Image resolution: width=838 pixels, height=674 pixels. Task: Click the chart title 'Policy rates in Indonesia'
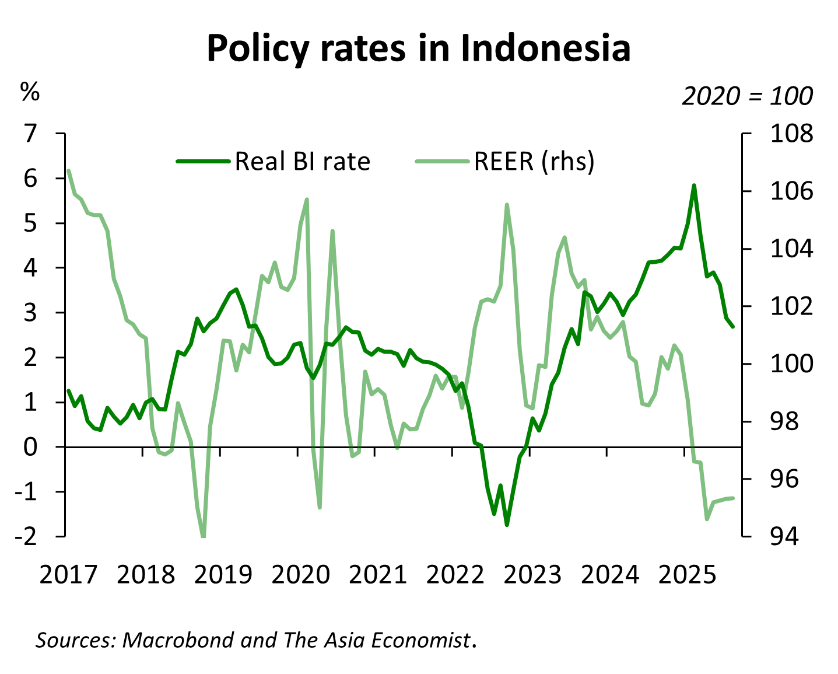click(x=418, y=48)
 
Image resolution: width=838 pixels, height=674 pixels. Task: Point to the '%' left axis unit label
click(x=30, y=92)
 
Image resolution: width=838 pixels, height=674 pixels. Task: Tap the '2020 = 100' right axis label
click(x=747, y=96)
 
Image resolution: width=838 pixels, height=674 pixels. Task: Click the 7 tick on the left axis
click(x=30, y=134)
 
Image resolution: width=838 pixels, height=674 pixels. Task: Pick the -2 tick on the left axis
click(x=25, y=536)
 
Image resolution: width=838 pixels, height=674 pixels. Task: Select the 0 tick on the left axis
click(x=30, y=447)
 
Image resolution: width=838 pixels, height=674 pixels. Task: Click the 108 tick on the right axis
click(x=791, y=134)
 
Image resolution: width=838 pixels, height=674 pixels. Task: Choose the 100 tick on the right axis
click(x=791, y=364)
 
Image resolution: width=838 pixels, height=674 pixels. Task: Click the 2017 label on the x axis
click(x=68, y=575)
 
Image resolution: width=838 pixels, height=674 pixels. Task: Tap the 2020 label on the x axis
click(x=300, y=575)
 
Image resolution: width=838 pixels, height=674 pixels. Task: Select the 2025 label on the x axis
click(x=687, y=575)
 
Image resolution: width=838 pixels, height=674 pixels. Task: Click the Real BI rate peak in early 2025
click(x=694, y=186)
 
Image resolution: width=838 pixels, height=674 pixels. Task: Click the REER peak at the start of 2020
click(x=307, y=200)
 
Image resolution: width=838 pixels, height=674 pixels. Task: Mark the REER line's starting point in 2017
click(x=69, y=171)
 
